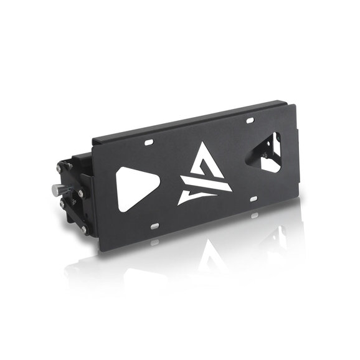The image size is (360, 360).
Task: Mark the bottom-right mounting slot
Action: click(253, 200)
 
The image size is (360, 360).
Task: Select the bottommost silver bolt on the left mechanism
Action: click(83, 230)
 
